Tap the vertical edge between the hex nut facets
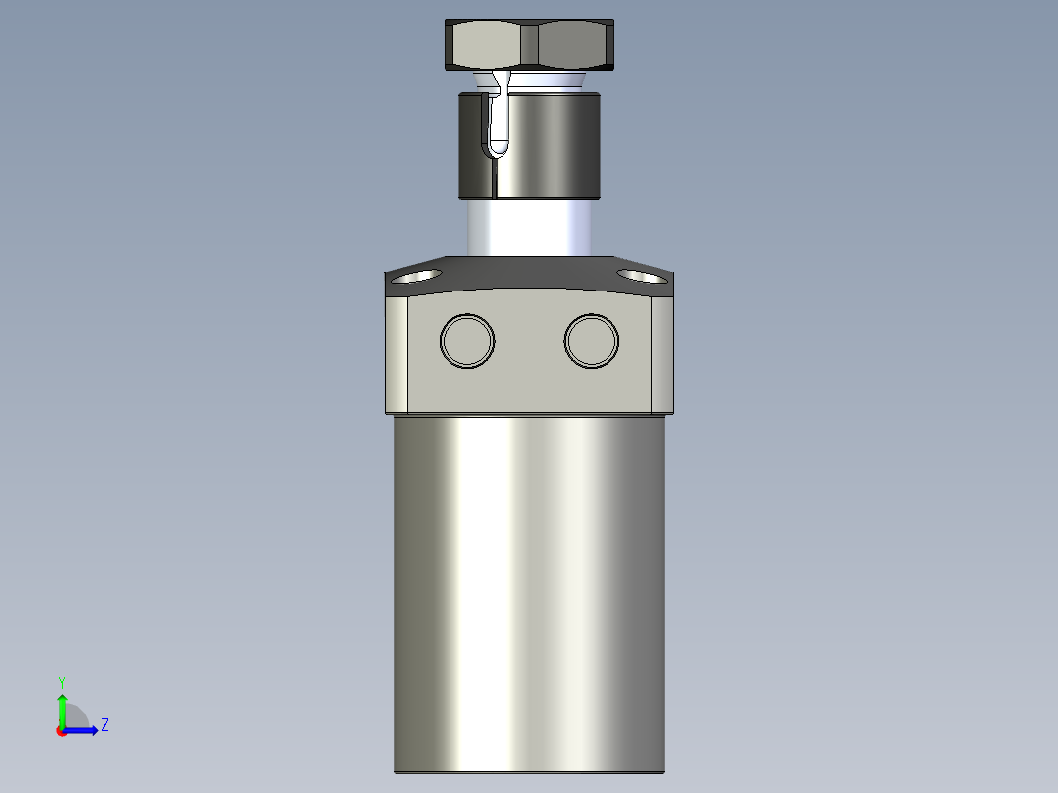coord(530,44)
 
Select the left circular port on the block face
coord(467,341)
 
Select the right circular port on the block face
coord(592,341)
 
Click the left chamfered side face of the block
coord(397,353)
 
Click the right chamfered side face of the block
coord(662,353)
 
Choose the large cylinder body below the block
coord(530,589)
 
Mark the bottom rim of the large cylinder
coord(530,771)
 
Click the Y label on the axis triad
coord(61,681)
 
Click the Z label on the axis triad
coord(104,725)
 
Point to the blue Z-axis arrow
coord(84,730)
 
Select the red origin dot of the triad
coord(62,731)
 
